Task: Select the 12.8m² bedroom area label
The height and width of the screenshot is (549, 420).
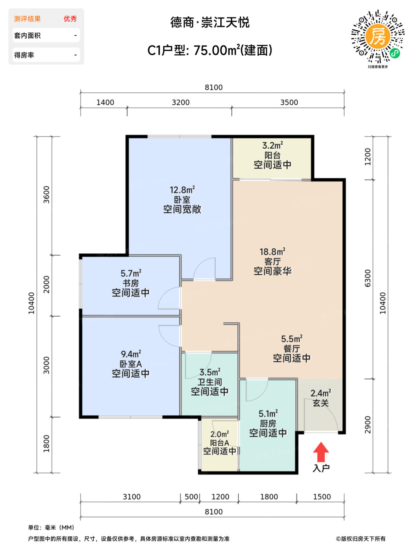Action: point(182,190)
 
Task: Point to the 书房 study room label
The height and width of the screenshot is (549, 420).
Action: point(131,283)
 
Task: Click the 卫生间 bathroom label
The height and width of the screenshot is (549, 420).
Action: point(210,382)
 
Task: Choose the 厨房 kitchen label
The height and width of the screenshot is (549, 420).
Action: point(268,424)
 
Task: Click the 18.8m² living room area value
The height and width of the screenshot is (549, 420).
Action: point(273,252)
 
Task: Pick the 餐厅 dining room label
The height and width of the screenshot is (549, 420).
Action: point(292,349)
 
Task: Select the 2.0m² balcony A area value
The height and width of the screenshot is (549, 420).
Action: point(219,434)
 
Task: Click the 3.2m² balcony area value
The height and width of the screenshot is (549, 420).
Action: point(273,145)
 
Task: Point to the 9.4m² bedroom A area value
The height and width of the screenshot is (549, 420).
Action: point(131,354)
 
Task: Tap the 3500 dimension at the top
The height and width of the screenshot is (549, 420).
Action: point(289,103)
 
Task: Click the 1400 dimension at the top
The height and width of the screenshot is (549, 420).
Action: point(105,103)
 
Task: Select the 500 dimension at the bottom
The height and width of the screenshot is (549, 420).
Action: point(191,497)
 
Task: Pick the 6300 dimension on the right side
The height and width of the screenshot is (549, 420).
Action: point(367,278)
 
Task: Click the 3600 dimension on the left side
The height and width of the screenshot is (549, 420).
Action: point(47,195)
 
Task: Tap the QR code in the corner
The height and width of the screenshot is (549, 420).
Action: point(378,36)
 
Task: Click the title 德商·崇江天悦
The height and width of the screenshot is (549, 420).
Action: point(210,22)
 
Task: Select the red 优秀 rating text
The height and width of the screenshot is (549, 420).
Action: point(70,19)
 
